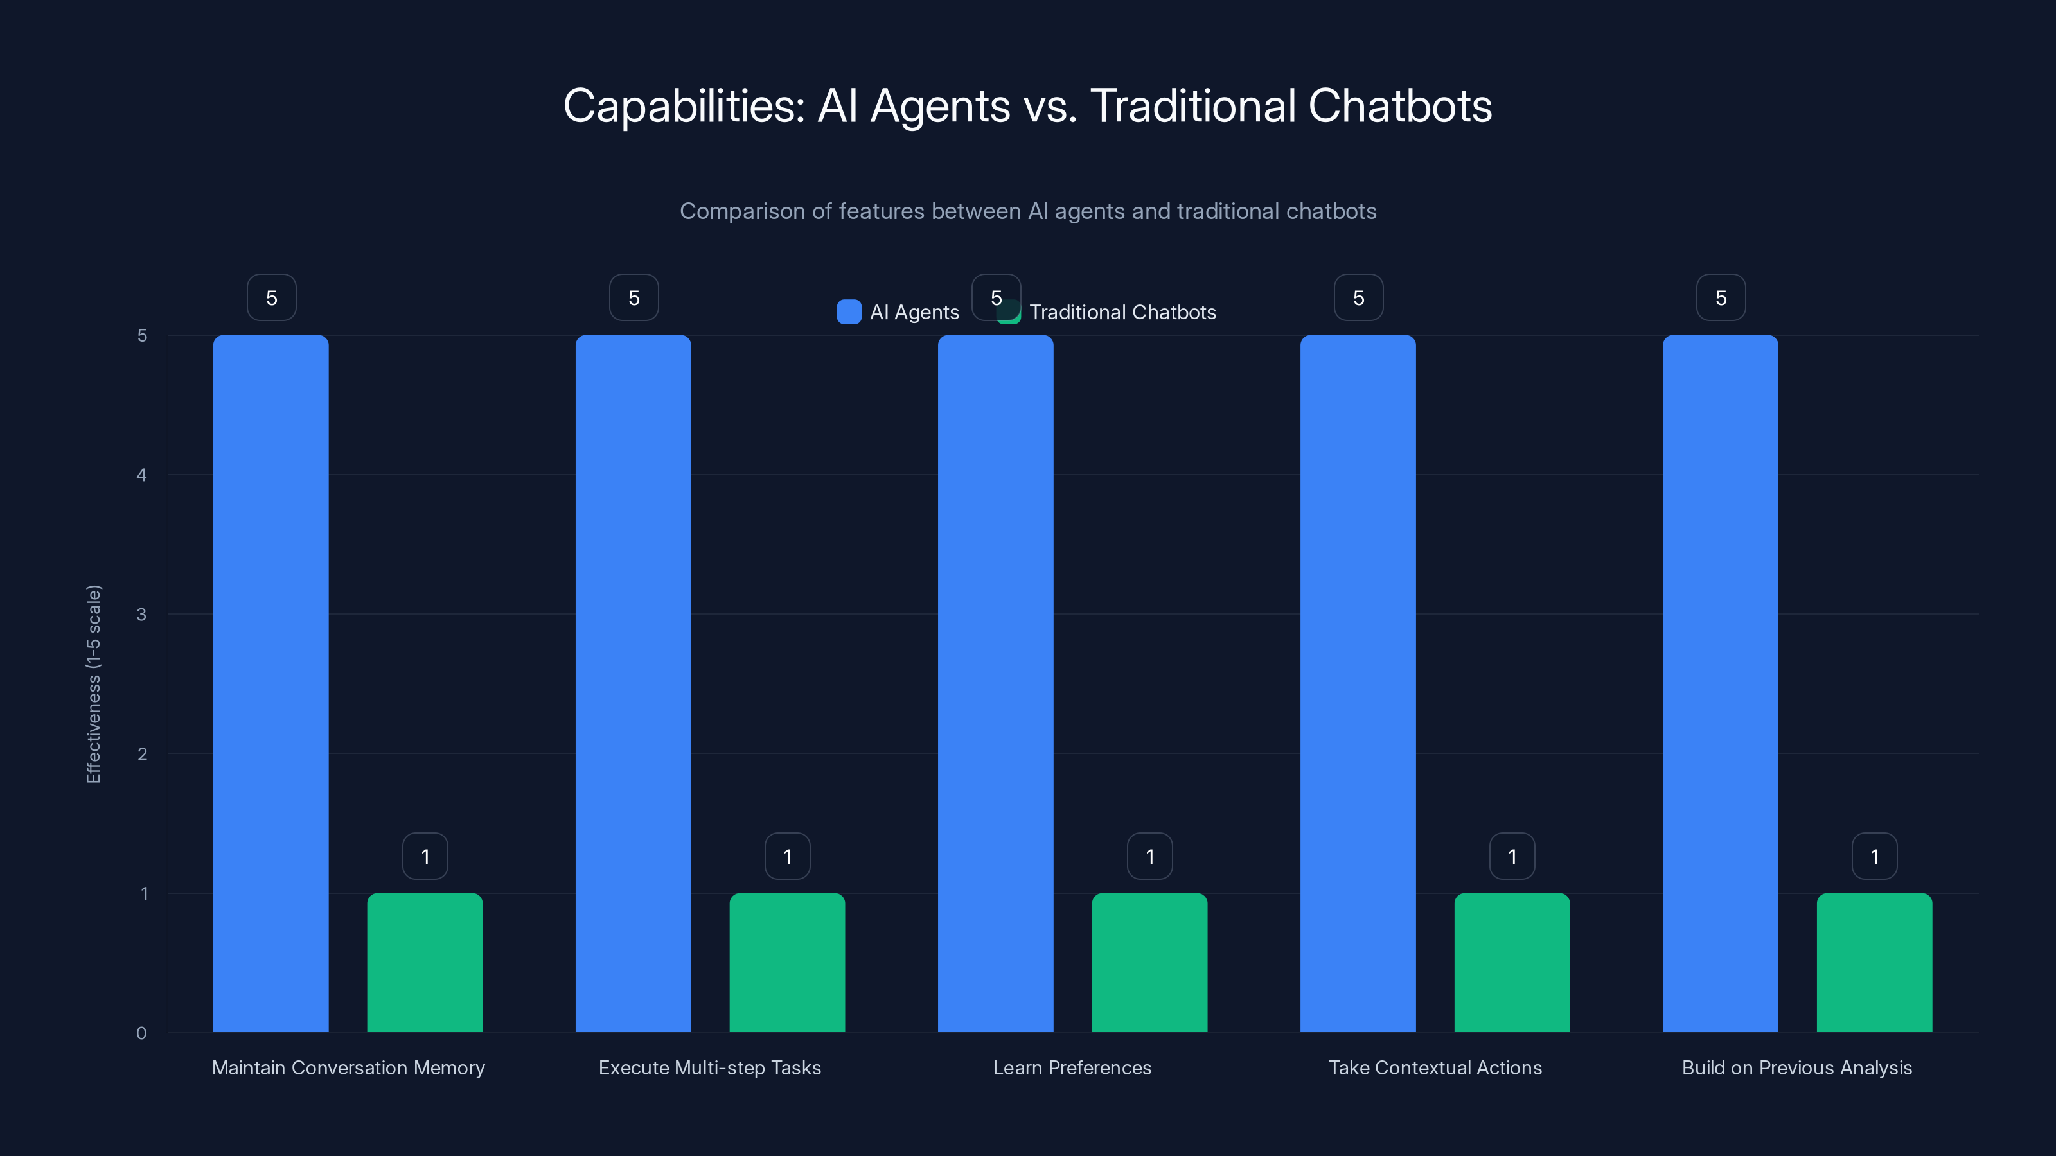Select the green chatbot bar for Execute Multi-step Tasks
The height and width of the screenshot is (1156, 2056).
click(x=787, y=962)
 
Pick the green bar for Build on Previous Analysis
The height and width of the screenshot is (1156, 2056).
click(x=1874, y=962)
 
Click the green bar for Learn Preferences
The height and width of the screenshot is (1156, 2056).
click(x=1149, y=962)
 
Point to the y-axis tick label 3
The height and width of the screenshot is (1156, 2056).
click(x=141, y=615)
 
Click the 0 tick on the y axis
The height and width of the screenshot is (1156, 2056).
click(x=141, y=1033)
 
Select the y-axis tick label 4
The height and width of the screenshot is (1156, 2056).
click(x=141, y=475)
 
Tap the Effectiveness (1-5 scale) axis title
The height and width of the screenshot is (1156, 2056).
click(x=93, y=685)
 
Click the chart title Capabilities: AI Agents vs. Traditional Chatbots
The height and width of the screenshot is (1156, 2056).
click(x=1027, y=106)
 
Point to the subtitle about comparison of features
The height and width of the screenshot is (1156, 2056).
click(x=1027, y=211)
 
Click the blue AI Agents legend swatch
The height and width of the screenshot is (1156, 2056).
click(x=848, y=312)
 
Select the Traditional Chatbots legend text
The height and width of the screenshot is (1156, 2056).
click(x=1122, y=313)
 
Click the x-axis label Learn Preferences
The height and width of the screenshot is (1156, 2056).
click(x=1072, y=1067)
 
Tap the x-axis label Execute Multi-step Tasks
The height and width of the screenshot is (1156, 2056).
click(x=709, y=1067)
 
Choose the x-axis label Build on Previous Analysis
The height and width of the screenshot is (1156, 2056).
click(x=1796, y=1067)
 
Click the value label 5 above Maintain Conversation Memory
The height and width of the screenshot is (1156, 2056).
click(x=271, y=297)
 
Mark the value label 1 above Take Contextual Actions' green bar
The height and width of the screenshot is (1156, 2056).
click(x=1512, y=857)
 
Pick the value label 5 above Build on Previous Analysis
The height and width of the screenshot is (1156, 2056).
click(x=1721, y=297)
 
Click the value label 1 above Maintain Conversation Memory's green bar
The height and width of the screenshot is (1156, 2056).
click(x=425, y=857)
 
